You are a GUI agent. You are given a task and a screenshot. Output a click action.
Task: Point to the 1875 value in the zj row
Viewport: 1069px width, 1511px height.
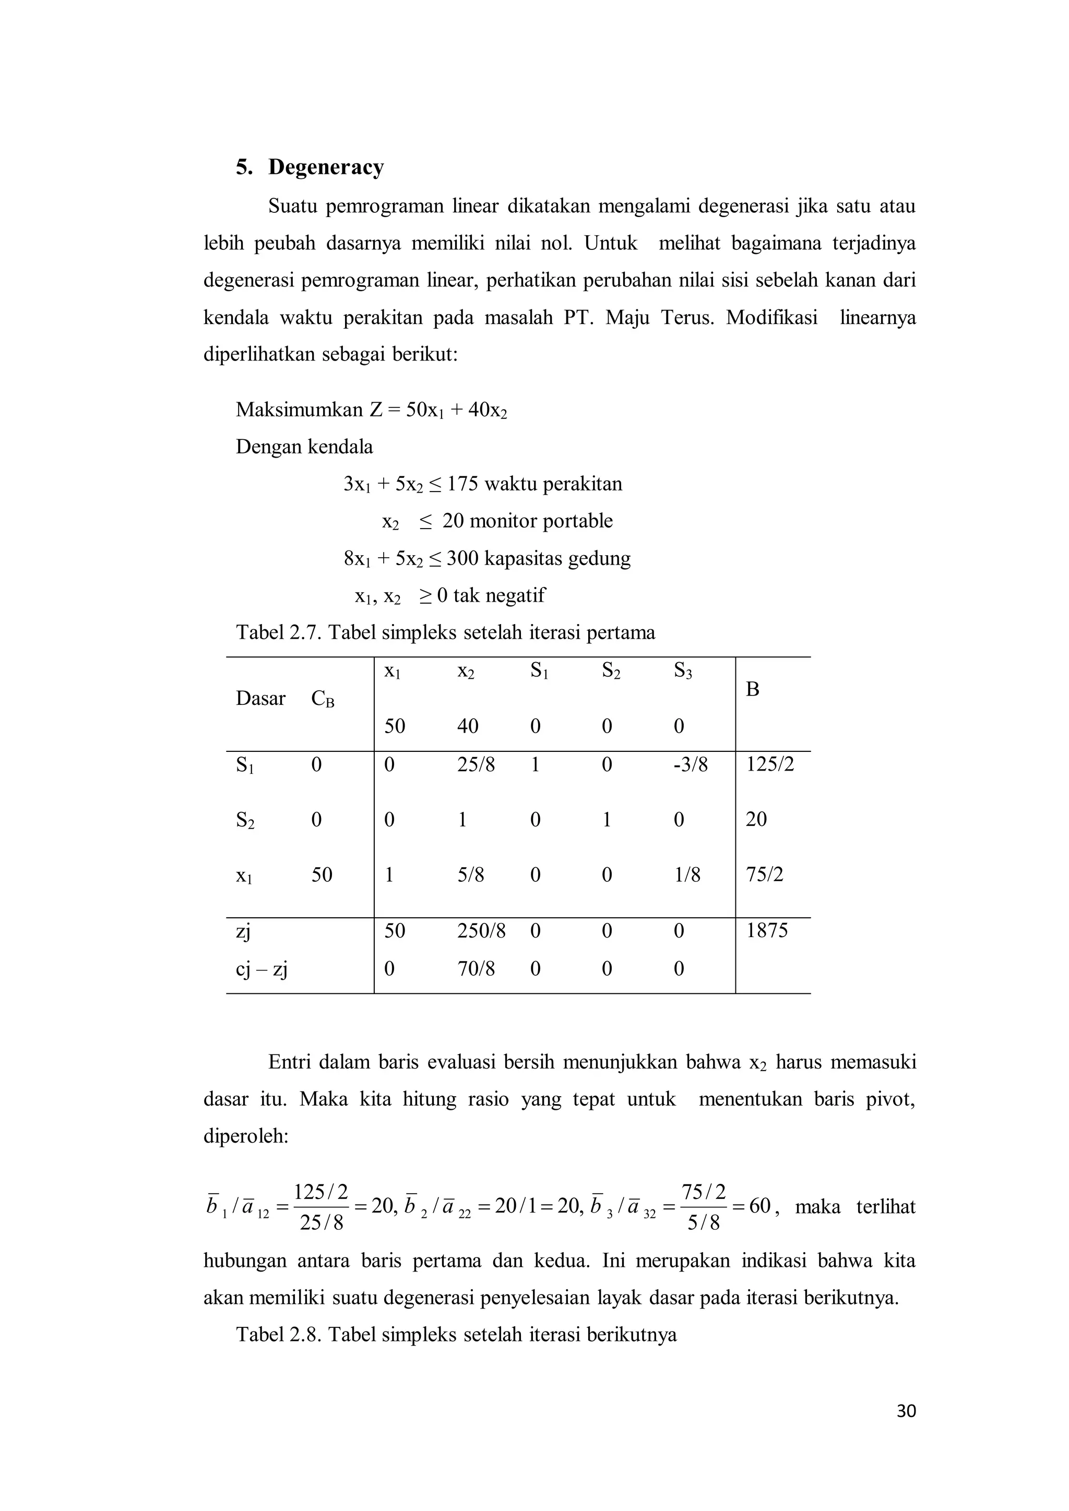(767, 931)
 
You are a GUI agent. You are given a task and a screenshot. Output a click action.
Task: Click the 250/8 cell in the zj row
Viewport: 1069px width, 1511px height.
(481, 931)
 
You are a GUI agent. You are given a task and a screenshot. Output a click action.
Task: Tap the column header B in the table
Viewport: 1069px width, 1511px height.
(752, 689)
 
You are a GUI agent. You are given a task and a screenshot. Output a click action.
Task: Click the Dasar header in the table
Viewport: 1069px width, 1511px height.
(260, 698)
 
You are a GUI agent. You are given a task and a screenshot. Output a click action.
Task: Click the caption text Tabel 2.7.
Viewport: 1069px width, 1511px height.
(279, 632)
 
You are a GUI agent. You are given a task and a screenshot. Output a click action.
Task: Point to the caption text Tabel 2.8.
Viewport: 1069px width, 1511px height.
(279, 1334)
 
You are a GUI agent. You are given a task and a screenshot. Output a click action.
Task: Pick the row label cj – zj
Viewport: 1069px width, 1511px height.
(262, 969)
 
